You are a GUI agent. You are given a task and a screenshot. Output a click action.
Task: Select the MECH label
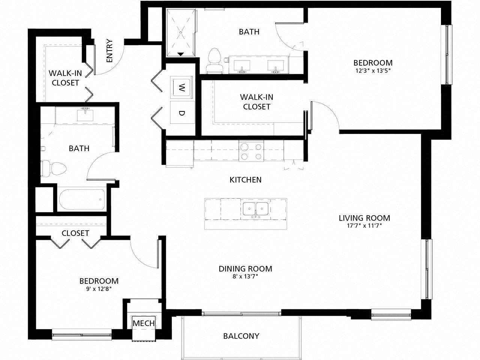click(x=144, y=323)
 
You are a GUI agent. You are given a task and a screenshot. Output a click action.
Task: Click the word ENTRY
click(x=109, y=51)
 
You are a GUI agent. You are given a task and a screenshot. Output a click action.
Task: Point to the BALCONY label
click(x=241, y=336)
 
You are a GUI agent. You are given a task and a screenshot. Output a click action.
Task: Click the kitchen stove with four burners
click(x=251, y=151)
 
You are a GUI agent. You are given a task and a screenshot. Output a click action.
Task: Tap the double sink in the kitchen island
click(x=255, y=208)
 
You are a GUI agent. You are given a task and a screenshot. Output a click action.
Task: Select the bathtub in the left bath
click(x=81, y=200)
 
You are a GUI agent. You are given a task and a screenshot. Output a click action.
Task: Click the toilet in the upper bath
click(x=215, y=60)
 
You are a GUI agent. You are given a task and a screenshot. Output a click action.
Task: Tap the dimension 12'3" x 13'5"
click(x=373, y=70)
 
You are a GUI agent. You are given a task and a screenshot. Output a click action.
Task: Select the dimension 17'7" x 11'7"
click(x=364, y=226)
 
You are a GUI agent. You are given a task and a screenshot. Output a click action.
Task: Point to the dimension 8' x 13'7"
click(x=245, y=276)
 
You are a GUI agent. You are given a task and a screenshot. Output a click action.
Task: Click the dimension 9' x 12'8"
click(x=99, y=289)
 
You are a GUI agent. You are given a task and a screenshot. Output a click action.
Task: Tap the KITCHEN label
click(x=245, y=180)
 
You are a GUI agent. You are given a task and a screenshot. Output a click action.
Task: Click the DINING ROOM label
click(x=245, y=268)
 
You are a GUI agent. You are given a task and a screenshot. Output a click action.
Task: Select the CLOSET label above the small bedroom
click(x=75, y=233)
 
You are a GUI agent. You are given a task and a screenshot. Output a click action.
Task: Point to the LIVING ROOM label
click(x=364, y=218)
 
